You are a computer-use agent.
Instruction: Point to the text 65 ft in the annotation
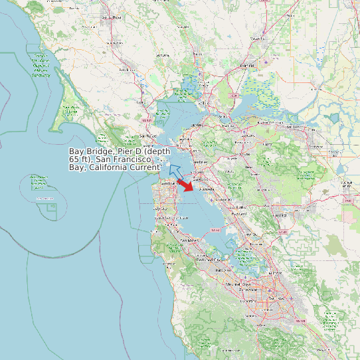click(80, 159)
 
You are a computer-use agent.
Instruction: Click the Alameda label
click(200, 189)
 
